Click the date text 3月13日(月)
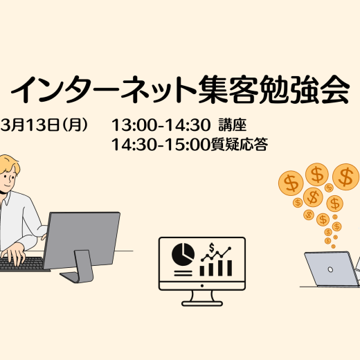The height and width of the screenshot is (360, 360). pyautogui.click(x=44, y=125)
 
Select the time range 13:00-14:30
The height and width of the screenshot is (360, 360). pyautogui.click(x=161, y=125)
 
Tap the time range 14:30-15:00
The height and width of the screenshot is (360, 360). pyautogui.click(x=161, y=145)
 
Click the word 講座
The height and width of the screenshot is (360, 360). pyautogui.click(x=233, y=125)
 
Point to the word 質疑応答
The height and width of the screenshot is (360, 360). pyautogui.click(x=240, y=145)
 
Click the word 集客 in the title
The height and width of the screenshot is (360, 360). pyautogui.click(x=227, y=89)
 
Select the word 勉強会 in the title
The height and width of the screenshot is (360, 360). pyautogui.click(x=304, y=89)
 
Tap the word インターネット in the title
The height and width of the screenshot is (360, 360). pyautogui.click(x=103, y=89)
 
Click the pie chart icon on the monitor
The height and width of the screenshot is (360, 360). pyautogui.click(x=183, y=254)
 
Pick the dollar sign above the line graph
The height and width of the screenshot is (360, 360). pyautogui.click(x=211, y=248)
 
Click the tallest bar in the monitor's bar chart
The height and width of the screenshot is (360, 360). pyautogui.click(x=229, y=268)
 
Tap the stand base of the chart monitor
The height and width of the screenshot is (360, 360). pyautogui.click(x=202, y=303)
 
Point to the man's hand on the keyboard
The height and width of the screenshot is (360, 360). pyautogui.click(x=13, y=253)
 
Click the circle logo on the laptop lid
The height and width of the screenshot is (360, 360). pyautogui.click(x=330, y=269)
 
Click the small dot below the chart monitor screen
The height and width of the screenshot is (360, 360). pyautogui.click(x=202, y=286)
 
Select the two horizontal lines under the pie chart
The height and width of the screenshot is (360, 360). pyautogui.click(x=183, y=273)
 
